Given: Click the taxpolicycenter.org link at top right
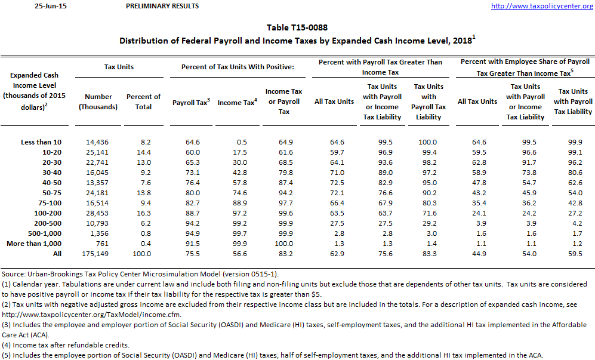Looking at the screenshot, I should (x=541, y=6).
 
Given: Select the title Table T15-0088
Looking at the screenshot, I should (x=297, y=27).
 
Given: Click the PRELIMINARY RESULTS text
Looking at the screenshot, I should (x=162, y=6).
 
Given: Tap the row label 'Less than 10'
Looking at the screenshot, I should (x=41, y=142).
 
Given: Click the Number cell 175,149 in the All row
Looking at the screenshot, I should (x=98, y=254).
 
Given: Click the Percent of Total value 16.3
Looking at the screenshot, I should (x=143, y=213).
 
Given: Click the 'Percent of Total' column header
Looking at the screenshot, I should (x=143, y=101).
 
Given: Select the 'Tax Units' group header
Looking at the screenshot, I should (x=119, y=67).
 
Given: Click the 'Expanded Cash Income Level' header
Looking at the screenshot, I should (x=35, y=91).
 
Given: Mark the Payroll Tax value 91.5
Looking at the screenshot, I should (x=189, y=244).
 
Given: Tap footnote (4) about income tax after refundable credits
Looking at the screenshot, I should (x=74, y=345).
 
